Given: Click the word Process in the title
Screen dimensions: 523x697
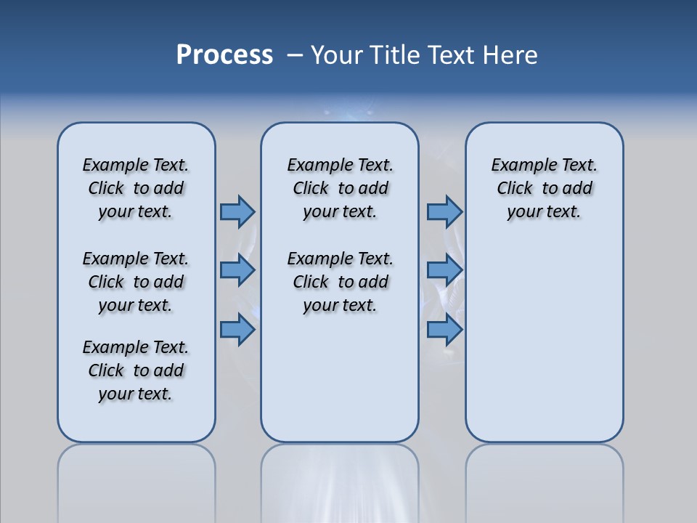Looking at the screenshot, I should click(x=224, y=55).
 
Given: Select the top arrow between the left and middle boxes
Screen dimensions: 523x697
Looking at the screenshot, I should click(x=237, y=211).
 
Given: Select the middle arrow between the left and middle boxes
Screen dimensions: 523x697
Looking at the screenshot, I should click(x=237, y=270).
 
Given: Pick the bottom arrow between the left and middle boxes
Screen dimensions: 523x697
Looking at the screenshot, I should click(x=237, y=330).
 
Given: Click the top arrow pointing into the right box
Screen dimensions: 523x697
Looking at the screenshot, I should click(x=444, y=211).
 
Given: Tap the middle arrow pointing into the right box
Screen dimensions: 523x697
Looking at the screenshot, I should click(x=444, y=270).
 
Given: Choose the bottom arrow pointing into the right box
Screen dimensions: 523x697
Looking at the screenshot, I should click(x=444, y=330).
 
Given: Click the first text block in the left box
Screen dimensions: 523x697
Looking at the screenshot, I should click(x=136, y=188).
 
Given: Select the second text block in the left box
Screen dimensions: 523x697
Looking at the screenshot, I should click(x=136, y=282).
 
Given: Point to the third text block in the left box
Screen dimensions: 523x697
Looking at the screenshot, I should click(x=136, y=370).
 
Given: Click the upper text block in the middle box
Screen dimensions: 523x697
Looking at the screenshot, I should click(x=340, y=188).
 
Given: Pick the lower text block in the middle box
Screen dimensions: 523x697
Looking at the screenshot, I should click(x=340, y=282).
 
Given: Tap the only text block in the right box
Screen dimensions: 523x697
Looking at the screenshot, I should click(x=544, y=188).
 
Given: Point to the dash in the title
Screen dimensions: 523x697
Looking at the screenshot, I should click(x=295, y=55).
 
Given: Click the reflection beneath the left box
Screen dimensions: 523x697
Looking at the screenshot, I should click(x=136, y=479).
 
